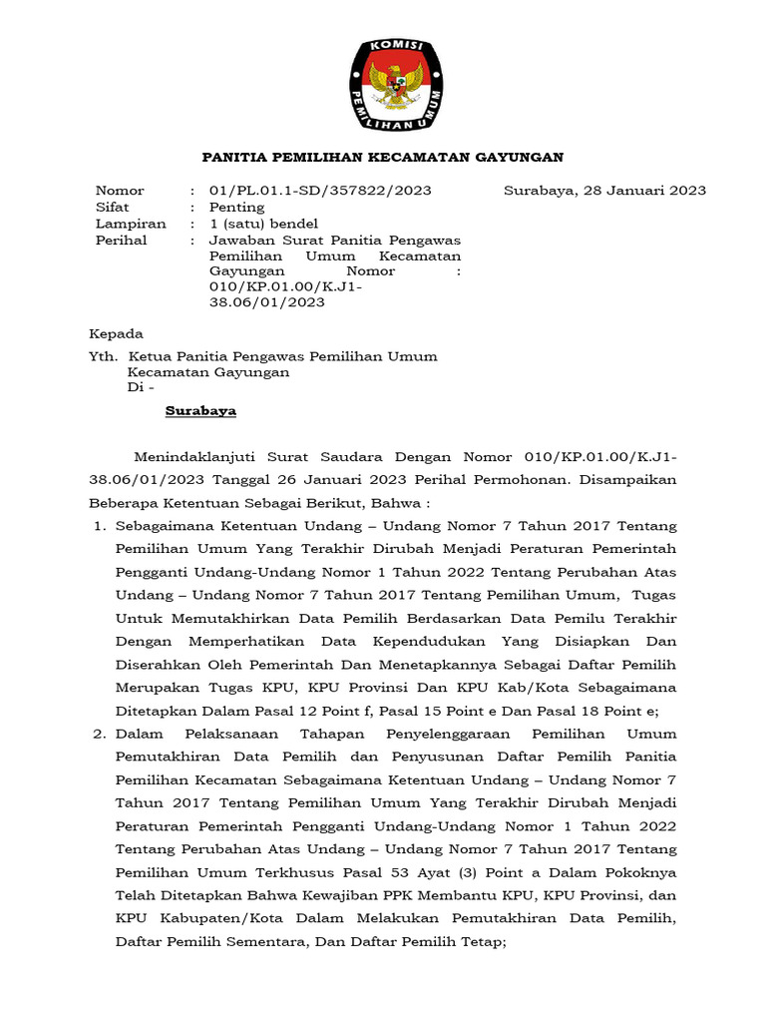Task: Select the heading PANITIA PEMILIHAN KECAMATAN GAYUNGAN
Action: pyautogui.click(x=383, y=158)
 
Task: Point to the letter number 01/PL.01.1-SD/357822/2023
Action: pyautogui.click(x=306, y=191)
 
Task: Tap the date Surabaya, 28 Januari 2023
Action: pyautogui.click(x=604, y=191)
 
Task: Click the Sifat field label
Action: pyautogui.click(x=113, y=208)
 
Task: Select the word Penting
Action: pyautogui.click(x=236, y=208)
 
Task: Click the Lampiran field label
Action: pyautogui.click(x=130, y=224)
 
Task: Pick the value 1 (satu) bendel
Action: pyautogui.click(x=261, y=224)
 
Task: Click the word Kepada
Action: pyautogui.click(x=117, y=333)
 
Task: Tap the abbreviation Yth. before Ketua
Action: pyautogui.click(x=104, y=356)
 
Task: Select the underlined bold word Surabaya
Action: pyautogui.click(x=200, y=411)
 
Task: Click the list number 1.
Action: pyautogui.click(x=99, y=525)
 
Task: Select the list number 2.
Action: pyautogui.click(x=99, y=734)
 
